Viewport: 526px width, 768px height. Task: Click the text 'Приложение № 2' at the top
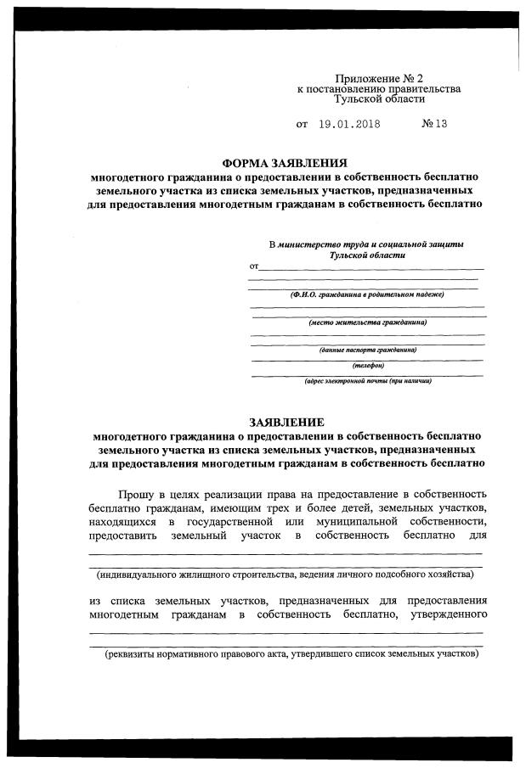click(x=378, y=78)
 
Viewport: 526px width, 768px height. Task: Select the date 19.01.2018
click(x=349, y=124)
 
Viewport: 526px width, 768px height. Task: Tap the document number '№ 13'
click(x=434, y=124)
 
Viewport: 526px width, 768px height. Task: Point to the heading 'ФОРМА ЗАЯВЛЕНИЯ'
click(x=285, y=163)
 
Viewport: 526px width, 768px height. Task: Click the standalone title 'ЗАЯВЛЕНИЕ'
click(x=286, y=423)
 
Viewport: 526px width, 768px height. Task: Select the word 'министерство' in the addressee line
click(x=308, y=244)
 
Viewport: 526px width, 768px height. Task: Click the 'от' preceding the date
click(x=302, y=124)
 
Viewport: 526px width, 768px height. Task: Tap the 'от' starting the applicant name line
click(x=254, y=266)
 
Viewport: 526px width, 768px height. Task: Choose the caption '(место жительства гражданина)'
click(x=367, y=322)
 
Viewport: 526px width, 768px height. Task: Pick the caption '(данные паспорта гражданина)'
click(x=367, y=350)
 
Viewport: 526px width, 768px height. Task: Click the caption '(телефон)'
click(x=368, y=366)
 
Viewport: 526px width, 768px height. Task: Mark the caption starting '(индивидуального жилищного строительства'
click(x=284, y=575)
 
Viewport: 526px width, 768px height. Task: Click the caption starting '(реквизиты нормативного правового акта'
click(x=291, y=655)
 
